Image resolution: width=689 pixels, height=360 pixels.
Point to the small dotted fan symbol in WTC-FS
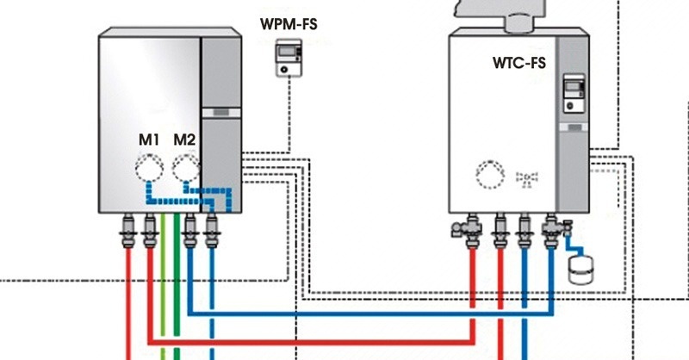(x=525, y=179)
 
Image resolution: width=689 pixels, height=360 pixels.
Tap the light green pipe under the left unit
(x=164, y=293)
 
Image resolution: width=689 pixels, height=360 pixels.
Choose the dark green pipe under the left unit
(x=177, y=293)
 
